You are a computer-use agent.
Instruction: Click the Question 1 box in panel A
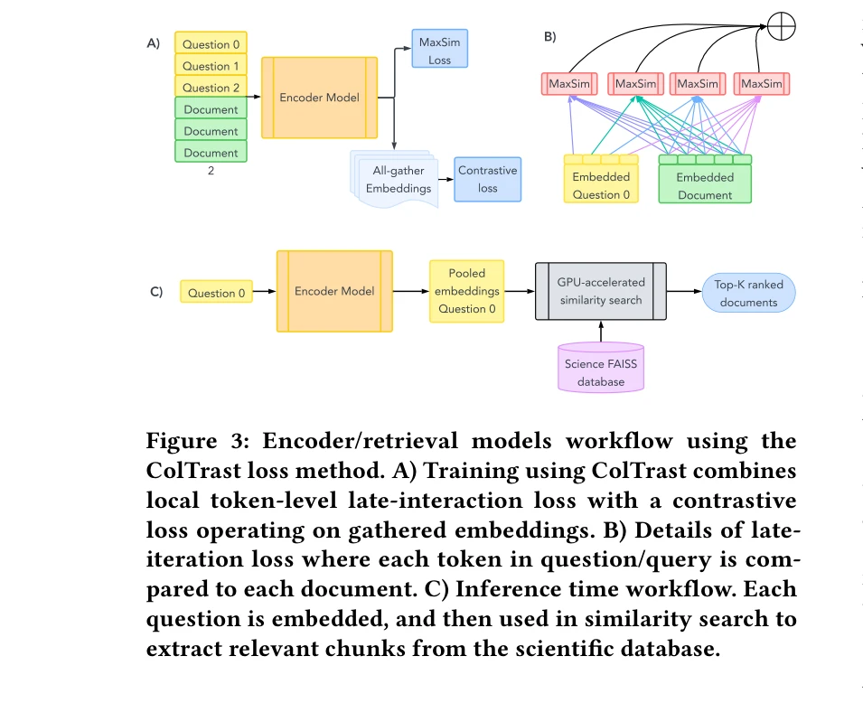coord(211,66)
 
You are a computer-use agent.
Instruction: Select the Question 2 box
coord(211,88)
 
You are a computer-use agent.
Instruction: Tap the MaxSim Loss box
coord(439,50)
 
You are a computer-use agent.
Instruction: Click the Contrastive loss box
coord(487,179)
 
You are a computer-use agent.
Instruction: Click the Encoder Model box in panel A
coord(319,98)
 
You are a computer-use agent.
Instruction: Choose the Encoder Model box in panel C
coord(334,291)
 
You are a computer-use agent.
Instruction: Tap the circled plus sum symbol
coord(781,26)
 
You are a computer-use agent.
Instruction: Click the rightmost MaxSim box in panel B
coord(760,84)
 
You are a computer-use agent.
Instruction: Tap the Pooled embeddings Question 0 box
coord(467,291)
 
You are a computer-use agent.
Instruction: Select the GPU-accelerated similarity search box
coord(600,291)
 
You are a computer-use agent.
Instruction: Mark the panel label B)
coord(549,37)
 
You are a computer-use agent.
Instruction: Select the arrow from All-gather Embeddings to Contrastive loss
coord(444,179)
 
